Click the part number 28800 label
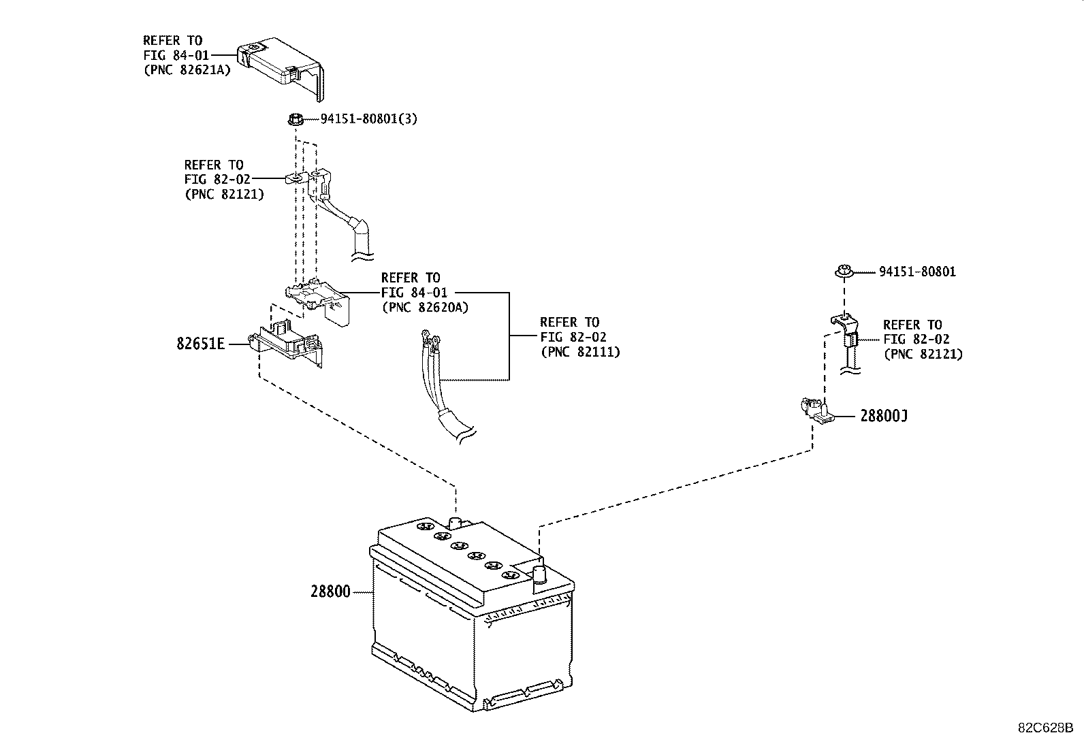(330, 592)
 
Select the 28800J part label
(883, 416)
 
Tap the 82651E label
(200, 344)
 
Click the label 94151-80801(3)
(368, 119)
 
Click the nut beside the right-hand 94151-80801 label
(845, 272)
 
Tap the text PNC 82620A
(425, 307)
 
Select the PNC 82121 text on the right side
(923, 354)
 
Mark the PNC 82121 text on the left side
(224, 193)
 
